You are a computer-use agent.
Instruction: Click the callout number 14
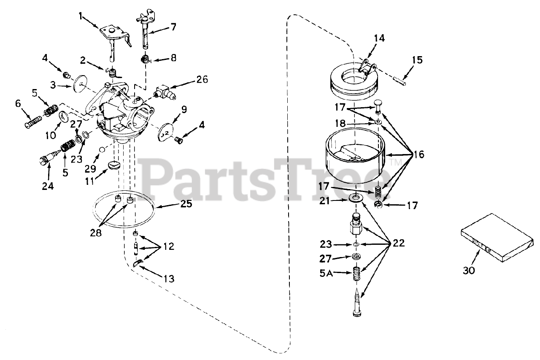click(378, 38)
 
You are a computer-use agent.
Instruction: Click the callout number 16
click(418, 155)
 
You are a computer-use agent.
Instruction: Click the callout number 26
click(202, 79)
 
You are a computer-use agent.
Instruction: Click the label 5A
click(326, 273)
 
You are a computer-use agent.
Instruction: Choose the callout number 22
click(398, 243)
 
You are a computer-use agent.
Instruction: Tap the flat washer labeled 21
click(357, 198)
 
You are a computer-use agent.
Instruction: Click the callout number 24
click(48, 186)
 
